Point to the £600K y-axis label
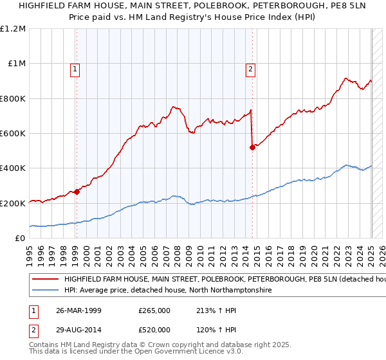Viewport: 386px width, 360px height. [x=13, y=133]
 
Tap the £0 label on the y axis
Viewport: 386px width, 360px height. [x=20, y=238]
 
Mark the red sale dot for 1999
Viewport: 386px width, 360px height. [x=77, y=191]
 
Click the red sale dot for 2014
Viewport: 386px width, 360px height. [x=252, y=147]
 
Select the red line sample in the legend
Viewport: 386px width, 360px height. [x=45, y=280]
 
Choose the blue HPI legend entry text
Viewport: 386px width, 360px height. [x=167, y=291]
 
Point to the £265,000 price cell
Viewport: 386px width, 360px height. [x=154, y=310]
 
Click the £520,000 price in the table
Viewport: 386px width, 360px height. [x=154, y=330]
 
